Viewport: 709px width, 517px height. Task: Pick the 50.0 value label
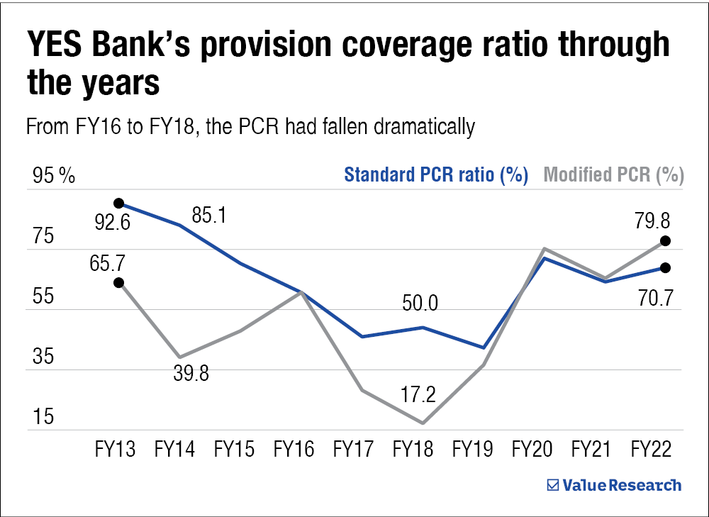(x=420, y=303)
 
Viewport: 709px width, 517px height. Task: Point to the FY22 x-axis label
(x=651, y=449)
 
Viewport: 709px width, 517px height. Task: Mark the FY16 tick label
(x=294, y=449)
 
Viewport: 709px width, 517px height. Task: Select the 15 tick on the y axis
(x=44, y=417)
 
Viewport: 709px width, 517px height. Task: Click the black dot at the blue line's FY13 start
(x=119, y=204)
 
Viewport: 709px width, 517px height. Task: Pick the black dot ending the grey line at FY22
(x=665, y=241)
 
